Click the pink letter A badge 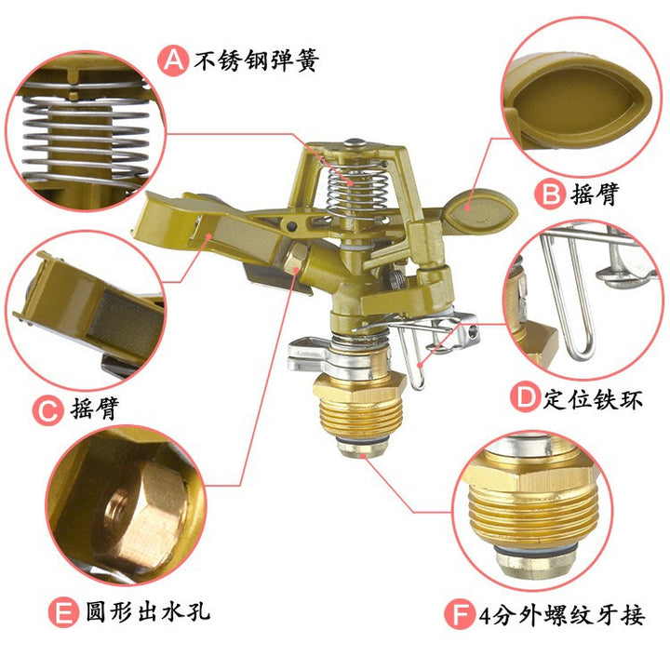[x=173, y=60]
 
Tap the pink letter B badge [x=550, y=194]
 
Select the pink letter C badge [x=47, y=410]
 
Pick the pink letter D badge [x=525, y=397]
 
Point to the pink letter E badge [x=63, y=613]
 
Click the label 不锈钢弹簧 [x=257, y=60]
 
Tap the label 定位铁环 [x=593, y=399]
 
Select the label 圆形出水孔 [x=148, y=611]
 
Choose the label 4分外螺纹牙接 [x=561, y=615]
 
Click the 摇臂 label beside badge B [x=595, y=194]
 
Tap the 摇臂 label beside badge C [x=95, y=409]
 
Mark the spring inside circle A [x=86, y=137]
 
